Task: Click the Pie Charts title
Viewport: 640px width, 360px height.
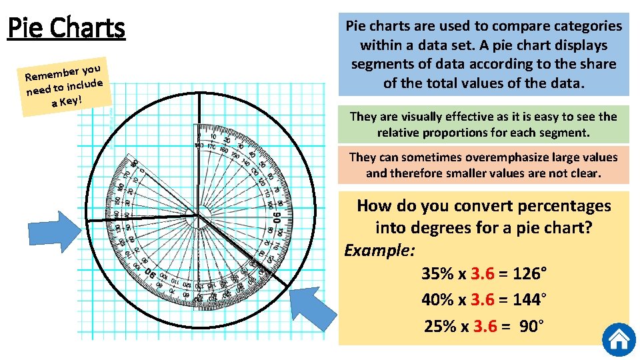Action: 66,29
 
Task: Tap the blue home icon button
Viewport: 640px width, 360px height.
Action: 619,340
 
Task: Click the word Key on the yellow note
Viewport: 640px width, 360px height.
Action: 69,101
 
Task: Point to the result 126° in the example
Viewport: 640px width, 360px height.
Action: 530,274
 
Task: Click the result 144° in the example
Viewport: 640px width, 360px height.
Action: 530,300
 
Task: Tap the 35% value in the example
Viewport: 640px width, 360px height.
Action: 437,274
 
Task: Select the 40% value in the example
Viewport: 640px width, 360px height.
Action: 437,300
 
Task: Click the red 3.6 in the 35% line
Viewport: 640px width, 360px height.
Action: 483,274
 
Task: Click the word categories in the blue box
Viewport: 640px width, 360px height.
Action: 581,27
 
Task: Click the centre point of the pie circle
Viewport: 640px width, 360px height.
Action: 198,215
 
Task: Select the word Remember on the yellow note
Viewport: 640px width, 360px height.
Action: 50,75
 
